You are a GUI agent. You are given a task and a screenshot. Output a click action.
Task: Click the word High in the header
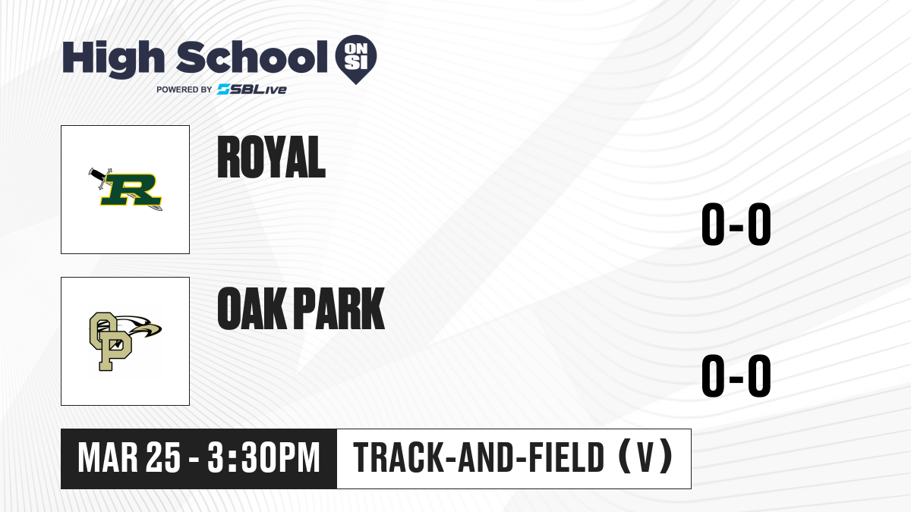(114, 59)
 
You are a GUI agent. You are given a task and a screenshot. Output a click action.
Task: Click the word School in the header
(252, 57)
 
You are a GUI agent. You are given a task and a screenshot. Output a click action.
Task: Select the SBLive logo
(252, 90)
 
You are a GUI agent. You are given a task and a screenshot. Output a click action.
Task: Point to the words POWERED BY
(184, 90)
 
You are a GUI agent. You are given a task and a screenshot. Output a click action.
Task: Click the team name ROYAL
(271, 157)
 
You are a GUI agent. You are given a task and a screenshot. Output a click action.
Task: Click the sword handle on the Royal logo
(99, 174)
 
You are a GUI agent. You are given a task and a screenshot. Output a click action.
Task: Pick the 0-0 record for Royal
(736, 224)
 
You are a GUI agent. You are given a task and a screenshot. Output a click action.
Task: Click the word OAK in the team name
(251, 309)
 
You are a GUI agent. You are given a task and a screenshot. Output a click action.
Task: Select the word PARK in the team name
(339, 309)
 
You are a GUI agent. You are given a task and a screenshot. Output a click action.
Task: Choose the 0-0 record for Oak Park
(736, 375)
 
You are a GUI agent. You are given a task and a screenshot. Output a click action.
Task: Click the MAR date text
(108, 458)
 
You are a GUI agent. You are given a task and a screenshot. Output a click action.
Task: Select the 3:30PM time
(263, 458)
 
